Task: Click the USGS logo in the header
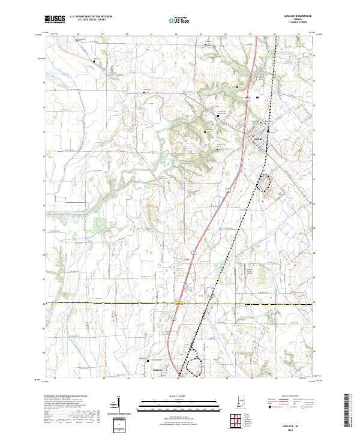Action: pos(55,19)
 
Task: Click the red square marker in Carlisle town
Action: pos(253,142)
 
